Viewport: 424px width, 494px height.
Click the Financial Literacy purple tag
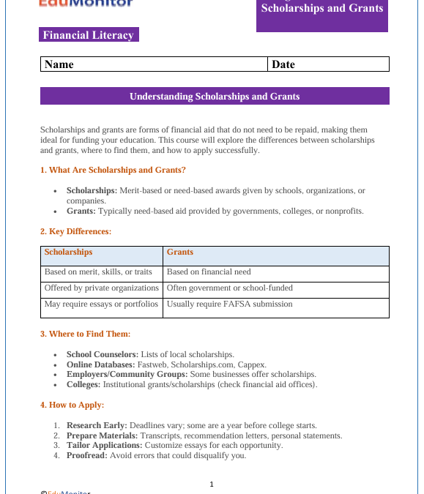click(x=89, y=35)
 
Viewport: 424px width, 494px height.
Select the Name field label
click(x=59, y=64)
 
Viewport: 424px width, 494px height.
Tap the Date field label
click(x=283, y=64)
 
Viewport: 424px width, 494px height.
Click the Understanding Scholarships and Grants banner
click(x=215, y=97)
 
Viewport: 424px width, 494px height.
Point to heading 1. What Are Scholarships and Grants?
click(x=113, y=170)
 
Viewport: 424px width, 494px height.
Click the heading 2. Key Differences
click(x=75, y=231)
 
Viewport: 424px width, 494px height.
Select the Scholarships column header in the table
click(x=69, y=252)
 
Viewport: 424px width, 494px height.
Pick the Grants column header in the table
click(x=180, y=252)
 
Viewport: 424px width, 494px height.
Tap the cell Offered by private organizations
click(x=102, y=288)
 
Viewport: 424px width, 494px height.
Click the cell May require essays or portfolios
click(x=101, y=304)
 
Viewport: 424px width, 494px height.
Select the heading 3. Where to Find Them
click(x=85, y=334)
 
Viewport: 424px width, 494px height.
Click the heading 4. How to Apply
click(x=72, y=405)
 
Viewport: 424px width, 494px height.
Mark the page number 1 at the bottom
click(x=212, y=484)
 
